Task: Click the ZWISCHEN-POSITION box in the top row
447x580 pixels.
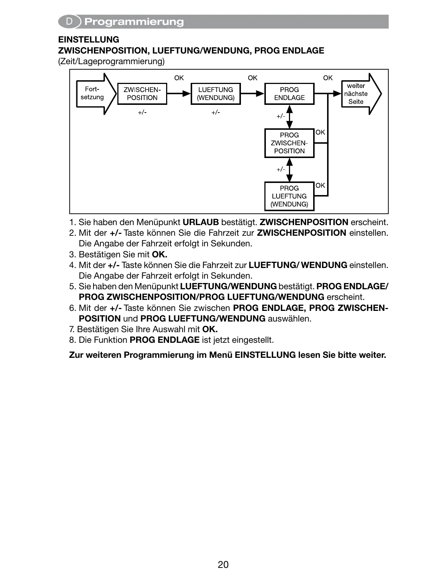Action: click(142, 94)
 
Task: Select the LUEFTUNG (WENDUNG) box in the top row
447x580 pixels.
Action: click(216, 94)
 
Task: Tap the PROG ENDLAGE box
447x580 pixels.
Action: click(289, 94)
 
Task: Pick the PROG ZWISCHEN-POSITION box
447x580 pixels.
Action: click(289, 143)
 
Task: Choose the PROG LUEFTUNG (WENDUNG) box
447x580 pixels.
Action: click(289, 196)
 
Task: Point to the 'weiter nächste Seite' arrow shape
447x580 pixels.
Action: click(359, 94)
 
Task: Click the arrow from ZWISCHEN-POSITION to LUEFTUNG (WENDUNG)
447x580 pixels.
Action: click(179, 94)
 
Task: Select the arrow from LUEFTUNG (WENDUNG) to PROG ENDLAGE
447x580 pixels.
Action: click(253, 94)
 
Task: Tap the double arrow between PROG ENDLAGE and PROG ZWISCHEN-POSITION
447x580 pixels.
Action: click(289, 117)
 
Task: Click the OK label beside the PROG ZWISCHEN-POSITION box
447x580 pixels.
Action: click(320, 132)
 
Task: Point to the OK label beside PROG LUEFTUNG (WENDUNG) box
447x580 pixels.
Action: click(320, 186)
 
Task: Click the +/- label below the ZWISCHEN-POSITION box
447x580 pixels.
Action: click(142, 113)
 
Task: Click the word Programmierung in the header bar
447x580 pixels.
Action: click(134, 22)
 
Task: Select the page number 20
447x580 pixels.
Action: click(223, 565)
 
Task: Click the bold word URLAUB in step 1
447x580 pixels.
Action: click(201, 222)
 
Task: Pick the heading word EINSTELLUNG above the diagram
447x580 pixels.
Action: click(89, 40)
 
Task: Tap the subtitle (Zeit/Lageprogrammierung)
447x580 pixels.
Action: click(111, 61)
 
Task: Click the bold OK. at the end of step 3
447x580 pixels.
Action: click(160, 254)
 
